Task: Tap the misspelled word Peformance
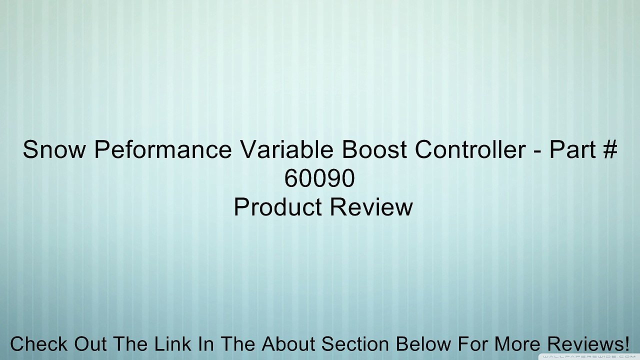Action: pos(163,150)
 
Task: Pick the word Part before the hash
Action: pos(570,150)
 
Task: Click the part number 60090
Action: pos(319,178)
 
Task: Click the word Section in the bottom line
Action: pos(355,344)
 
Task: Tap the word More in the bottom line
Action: pos(518,344)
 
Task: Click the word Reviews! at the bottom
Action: pos(588,344)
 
